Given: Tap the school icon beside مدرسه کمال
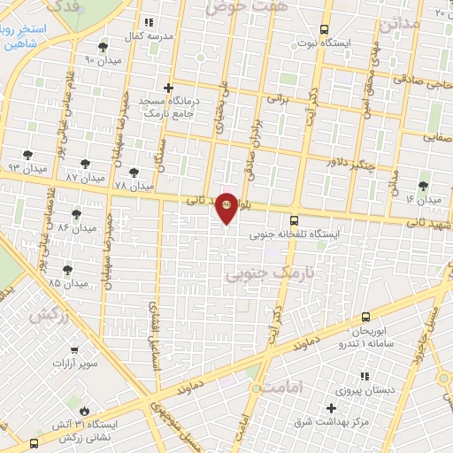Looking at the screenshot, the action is (x=148, y=22).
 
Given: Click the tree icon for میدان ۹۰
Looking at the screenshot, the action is (x=104, y=46).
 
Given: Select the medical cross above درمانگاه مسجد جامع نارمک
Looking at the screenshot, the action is (x=168, y=88).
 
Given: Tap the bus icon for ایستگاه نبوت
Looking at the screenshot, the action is (x=325, y=28).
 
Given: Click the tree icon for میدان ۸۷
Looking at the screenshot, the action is (x=85, y=164).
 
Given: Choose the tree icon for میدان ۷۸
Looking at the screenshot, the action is (x=134, y=173).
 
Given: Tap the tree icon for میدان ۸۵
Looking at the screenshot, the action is (x=68, y=269).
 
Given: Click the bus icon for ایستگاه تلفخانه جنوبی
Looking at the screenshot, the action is (x=294, y=220).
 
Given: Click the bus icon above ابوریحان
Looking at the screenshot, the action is (x=366, y=317).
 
